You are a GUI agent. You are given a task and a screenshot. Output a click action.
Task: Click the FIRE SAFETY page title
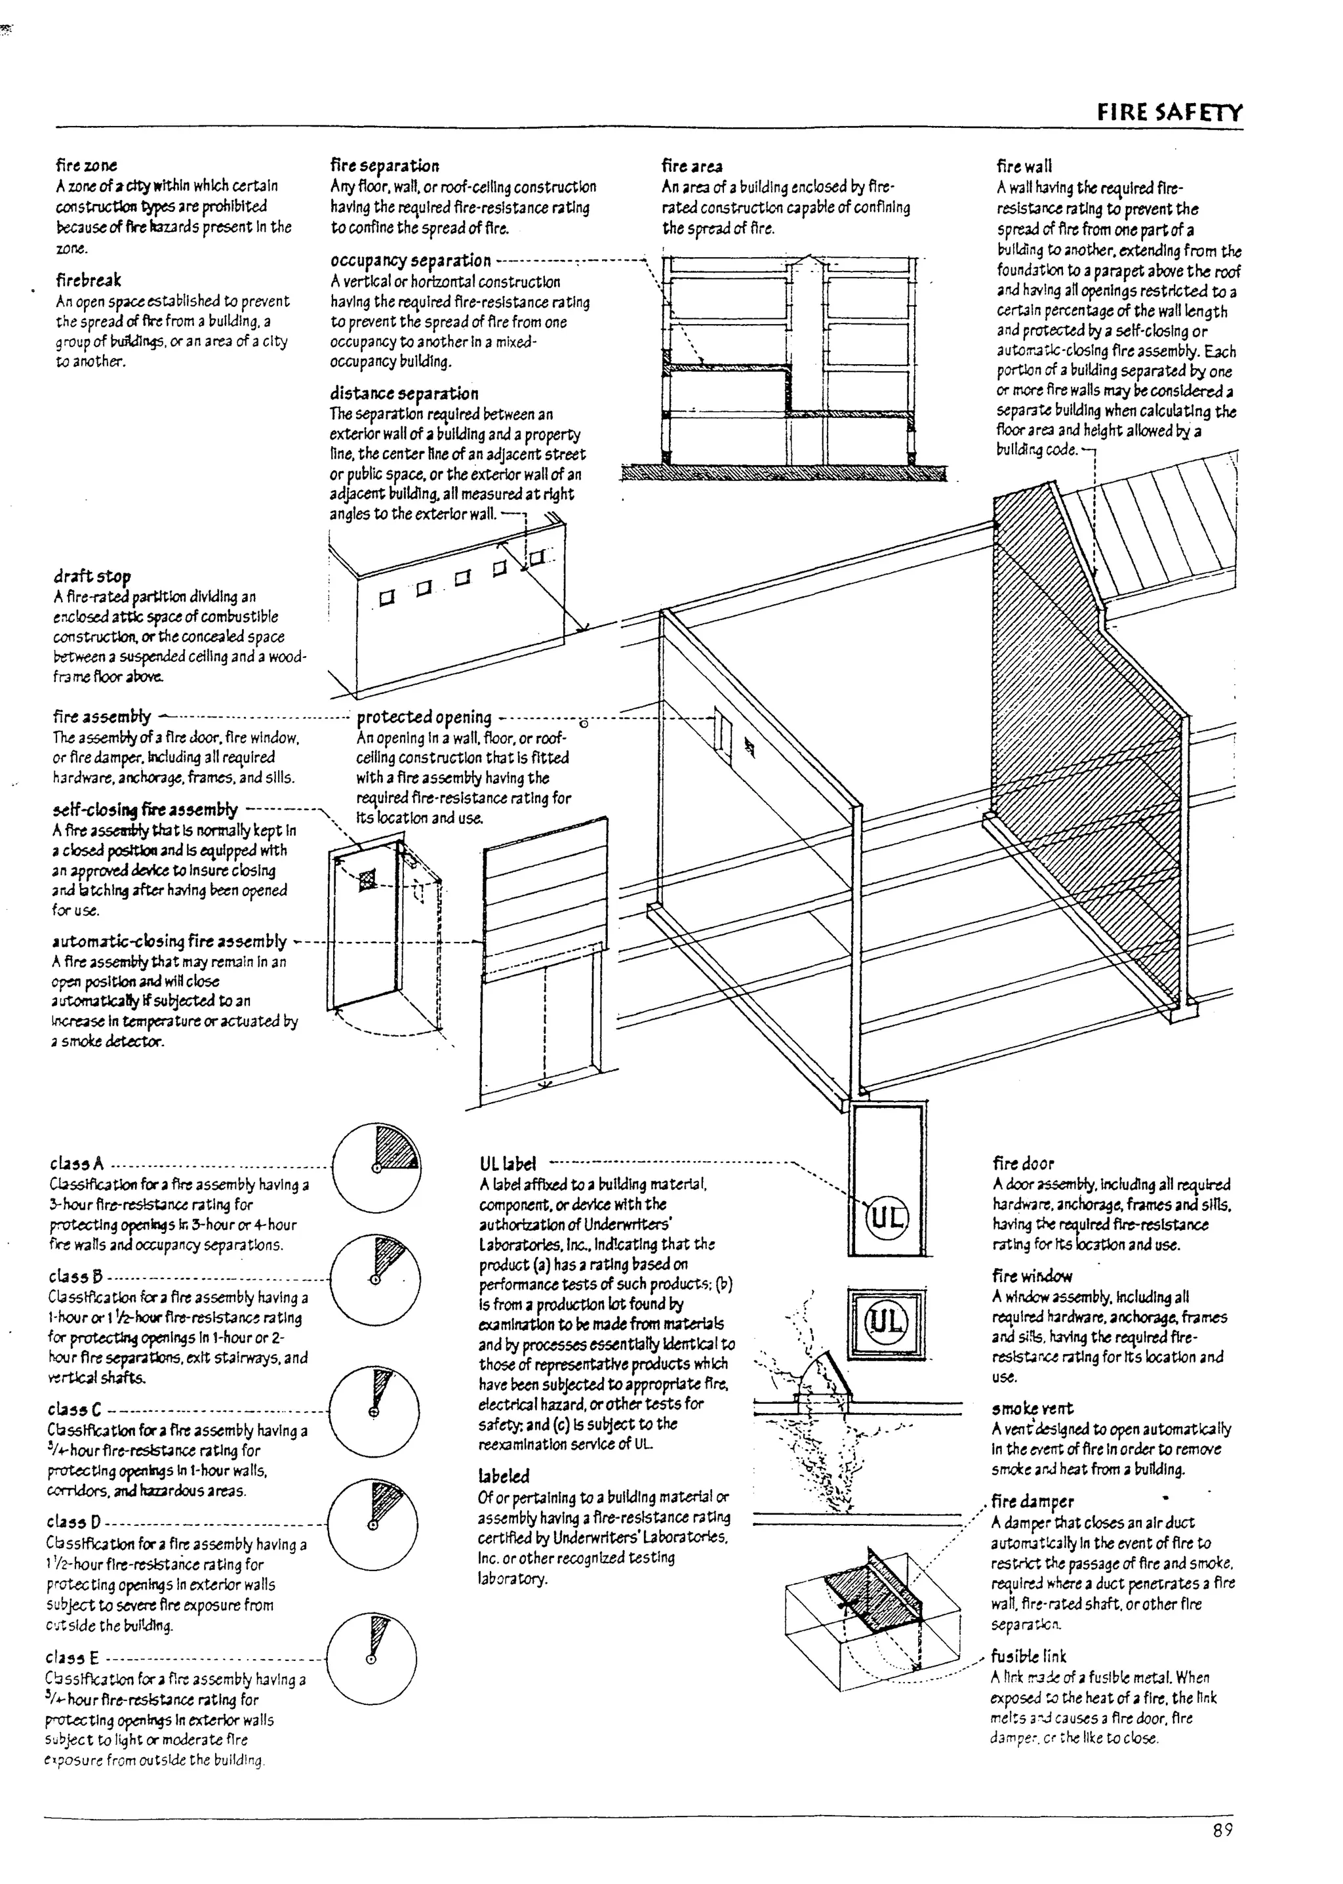[1169, 113]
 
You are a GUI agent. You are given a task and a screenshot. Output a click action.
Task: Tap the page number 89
[1222, 1830]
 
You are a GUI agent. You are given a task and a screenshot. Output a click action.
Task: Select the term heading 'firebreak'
[88, 280]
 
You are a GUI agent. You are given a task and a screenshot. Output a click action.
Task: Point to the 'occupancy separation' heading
[410, 260]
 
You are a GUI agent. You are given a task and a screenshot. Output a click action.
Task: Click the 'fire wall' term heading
[1024, 166]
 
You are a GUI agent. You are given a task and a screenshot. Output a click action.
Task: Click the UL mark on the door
[887, 1218]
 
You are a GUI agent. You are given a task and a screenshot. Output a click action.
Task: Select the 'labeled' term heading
[503, 1476]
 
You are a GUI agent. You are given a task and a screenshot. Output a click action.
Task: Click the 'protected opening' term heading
[424, 717]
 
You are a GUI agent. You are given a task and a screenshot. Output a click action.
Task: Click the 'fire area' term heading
[691, 166]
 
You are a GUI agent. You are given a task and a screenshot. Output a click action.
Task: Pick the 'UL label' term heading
[507, 1164]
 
